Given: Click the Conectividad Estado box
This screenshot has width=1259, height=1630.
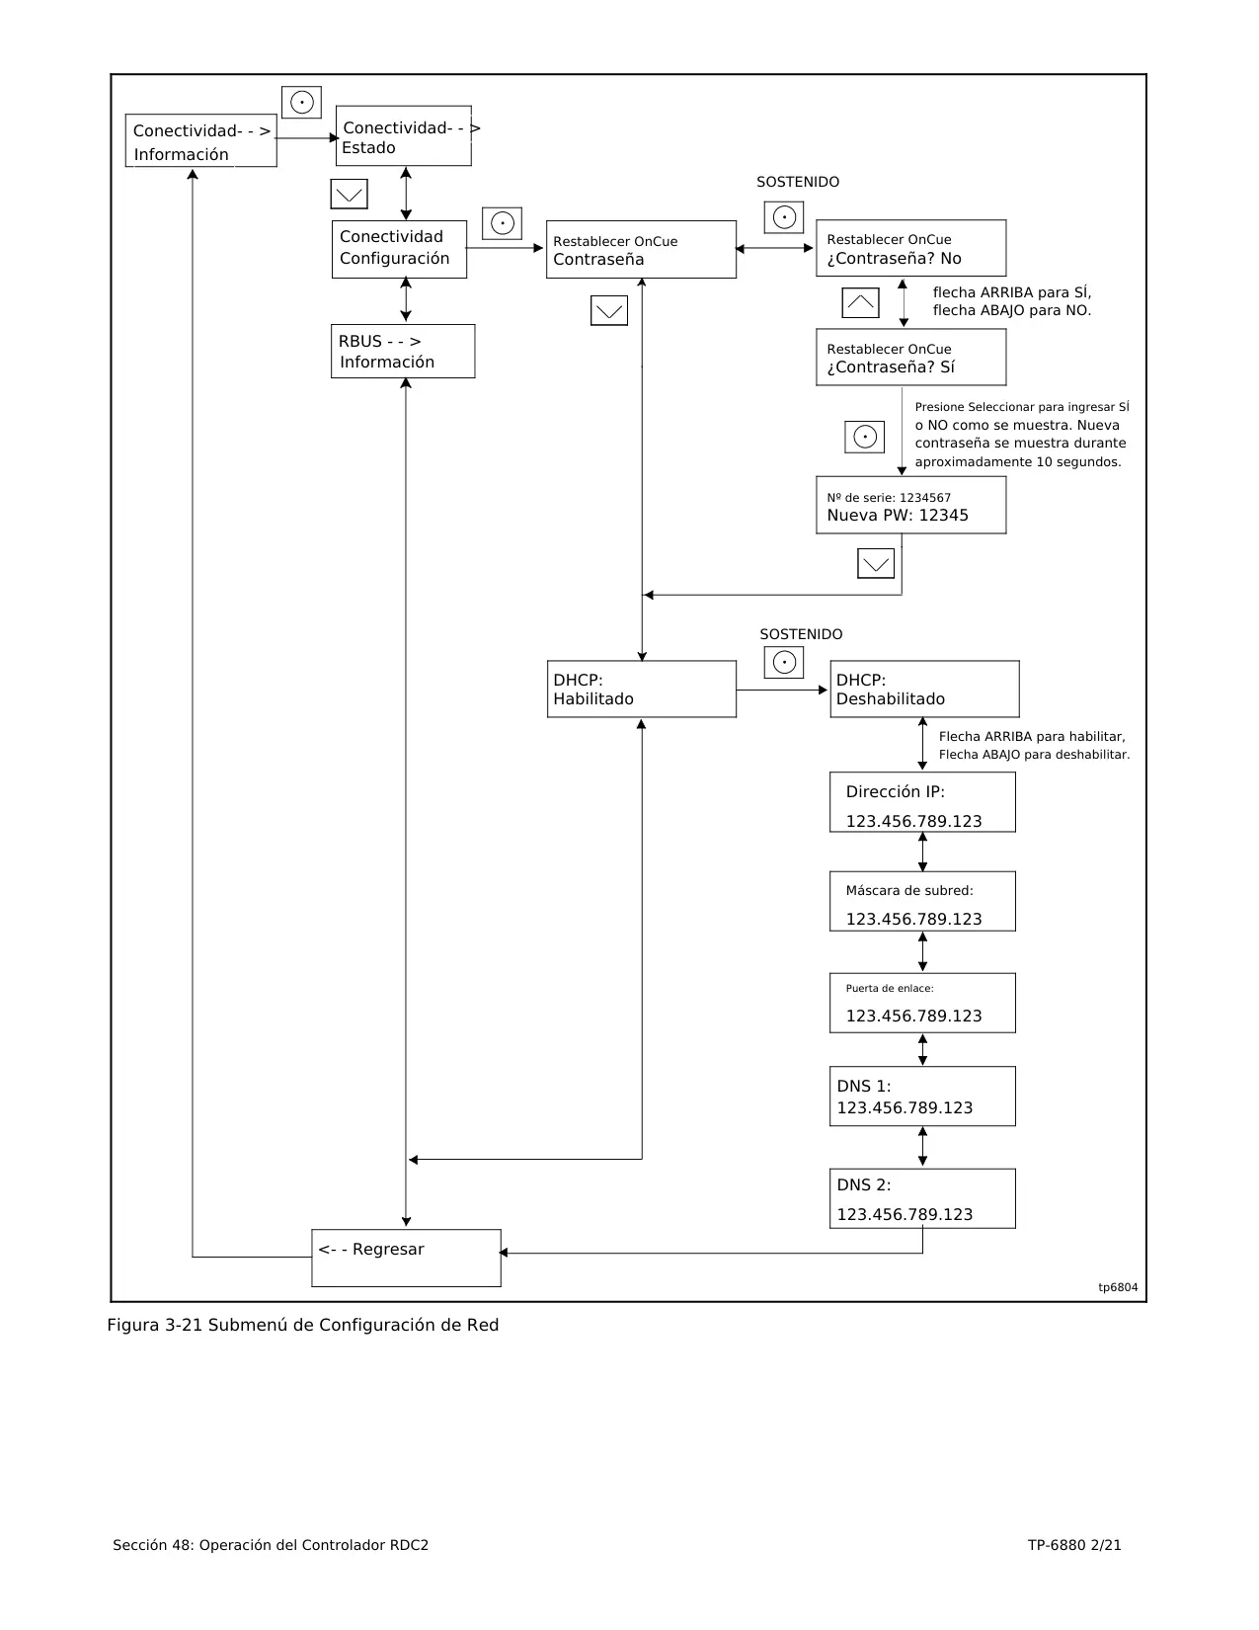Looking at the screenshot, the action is click(x=404, y=135).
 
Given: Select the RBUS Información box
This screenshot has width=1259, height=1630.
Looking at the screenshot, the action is click(x=403, y=351).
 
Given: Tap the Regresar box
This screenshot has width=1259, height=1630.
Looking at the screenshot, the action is click(x=407, y=1258).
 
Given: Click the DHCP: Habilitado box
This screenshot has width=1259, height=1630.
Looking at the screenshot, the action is click(x=642, y=689).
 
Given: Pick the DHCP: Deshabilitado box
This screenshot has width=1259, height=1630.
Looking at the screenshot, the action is click(x=924, y=689).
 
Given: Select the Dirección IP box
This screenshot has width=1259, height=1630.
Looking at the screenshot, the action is click(x=922, y=802).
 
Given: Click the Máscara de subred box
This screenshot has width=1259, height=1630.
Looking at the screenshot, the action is click(x=922, y=901).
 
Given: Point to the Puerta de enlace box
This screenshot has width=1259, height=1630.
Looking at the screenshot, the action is click(x=922, y=1003).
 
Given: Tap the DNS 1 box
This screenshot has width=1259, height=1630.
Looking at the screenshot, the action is click(x=922, y=1096).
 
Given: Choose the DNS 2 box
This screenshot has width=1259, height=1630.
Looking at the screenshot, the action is click(x=922, y=1198).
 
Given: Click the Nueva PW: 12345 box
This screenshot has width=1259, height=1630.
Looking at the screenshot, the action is click(x=911, y=505).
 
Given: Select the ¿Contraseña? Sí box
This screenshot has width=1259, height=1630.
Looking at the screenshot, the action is click(x=911, y=357).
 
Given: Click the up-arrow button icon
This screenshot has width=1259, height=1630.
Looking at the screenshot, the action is click(x=860, y=303).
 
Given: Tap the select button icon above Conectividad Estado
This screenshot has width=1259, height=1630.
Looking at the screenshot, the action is click(x=301, y=102).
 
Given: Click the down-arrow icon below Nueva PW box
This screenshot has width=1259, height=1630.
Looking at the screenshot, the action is click(x=876, y=563).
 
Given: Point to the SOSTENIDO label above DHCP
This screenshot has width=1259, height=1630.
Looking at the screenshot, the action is click(x=801, y=634).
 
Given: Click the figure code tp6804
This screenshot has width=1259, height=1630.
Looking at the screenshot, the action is click(x=1118, y=1287).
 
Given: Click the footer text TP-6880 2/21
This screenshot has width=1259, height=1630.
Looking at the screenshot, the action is click(x=1074, y=1544).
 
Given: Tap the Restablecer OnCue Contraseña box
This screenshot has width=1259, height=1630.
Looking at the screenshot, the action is click(x=641, y=249).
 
